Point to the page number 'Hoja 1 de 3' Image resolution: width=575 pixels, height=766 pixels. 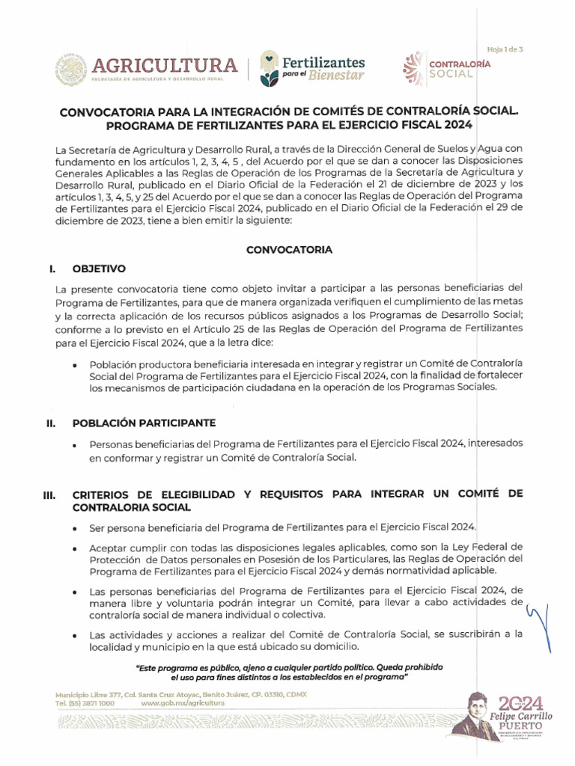tap(505, 49)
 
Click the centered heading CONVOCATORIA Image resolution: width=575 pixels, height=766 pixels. tap(289, 250)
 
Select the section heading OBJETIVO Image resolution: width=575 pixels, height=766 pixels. tap(99, 268)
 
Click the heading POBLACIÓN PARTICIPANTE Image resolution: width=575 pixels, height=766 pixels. tap(144, 423)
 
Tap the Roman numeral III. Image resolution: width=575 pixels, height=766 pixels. tap(50, 495)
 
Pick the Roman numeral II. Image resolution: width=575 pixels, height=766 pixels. tap(50, 423)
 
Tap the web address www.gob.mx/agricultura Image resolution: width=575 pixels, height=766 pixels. tap(183, 704)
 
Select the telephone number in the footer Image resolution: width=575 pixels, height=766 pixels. tap(85, 704)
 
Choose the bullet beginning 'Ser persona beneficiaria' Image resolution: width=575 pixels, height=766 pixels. tap(78, 528)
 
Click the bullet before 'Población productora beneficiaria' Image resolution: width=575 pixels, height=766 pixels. tap(78, 364)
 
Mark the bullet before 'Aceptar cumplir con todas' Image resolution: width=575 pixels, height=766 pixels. tap(78, 548)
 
